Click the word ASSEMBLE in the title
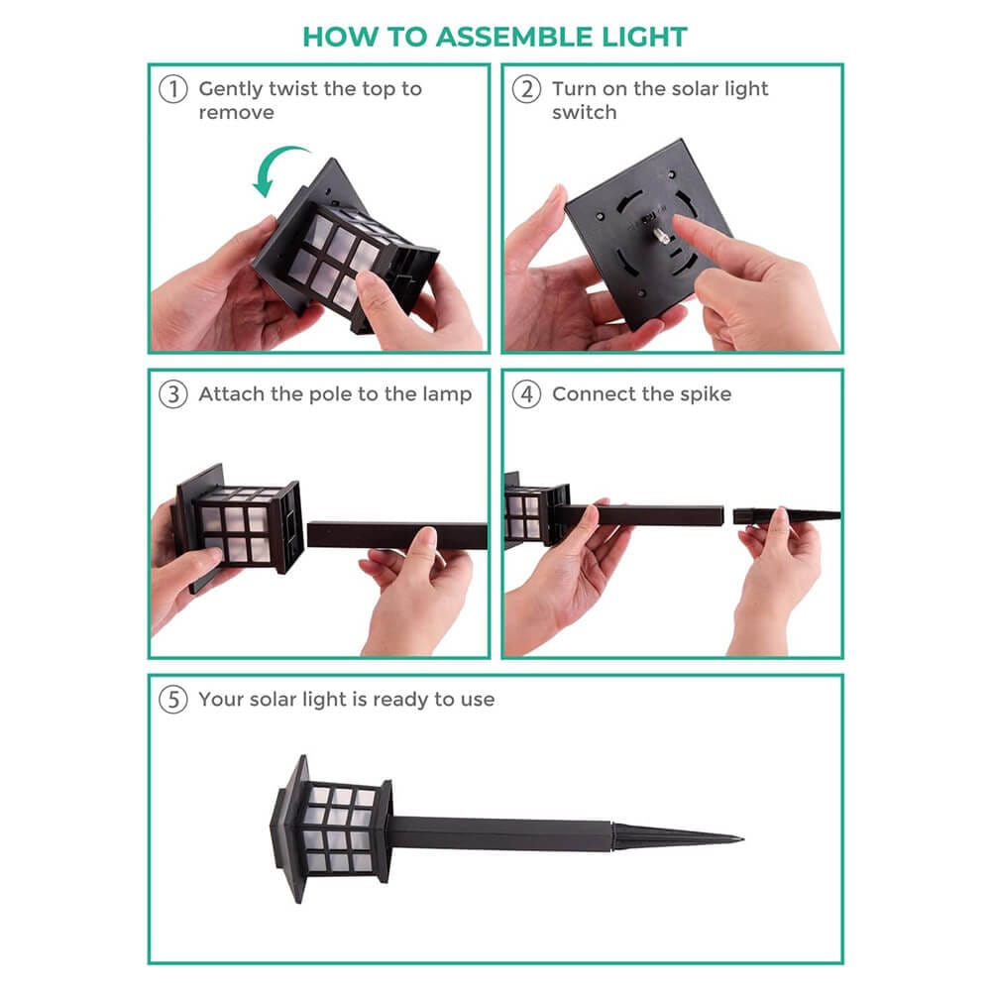pyautogui.click(x=513, y=37)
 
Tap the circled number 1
pyautogui.click(x=172, y=89)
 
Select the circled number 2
pyautogui.click(x=526, y=89)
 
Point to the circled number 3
pyautogui.click(x=172, y=394)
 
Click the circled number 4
pyautogui.click(x=526, y=394)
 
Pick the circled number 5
pyautogui.click(x=172, y=700)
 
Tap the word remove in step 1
pyautogui.click(x=237, y=113)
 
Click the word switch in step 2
pyautogui.click(x=584, y=113)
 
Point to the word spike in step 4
pyautogui.click(x=706, y=394)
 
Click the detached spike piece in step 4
pyautogui.click(x=786, y=515)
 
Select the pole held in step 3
pyautogui.click(x=397, y=535)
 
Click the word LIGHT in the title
pyautogui.click(x=644, y=37)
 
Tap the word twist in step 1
pyautogui.click(x=289, y=89)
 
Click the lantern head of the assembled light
pyautogui.click(x=331, y=827)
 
